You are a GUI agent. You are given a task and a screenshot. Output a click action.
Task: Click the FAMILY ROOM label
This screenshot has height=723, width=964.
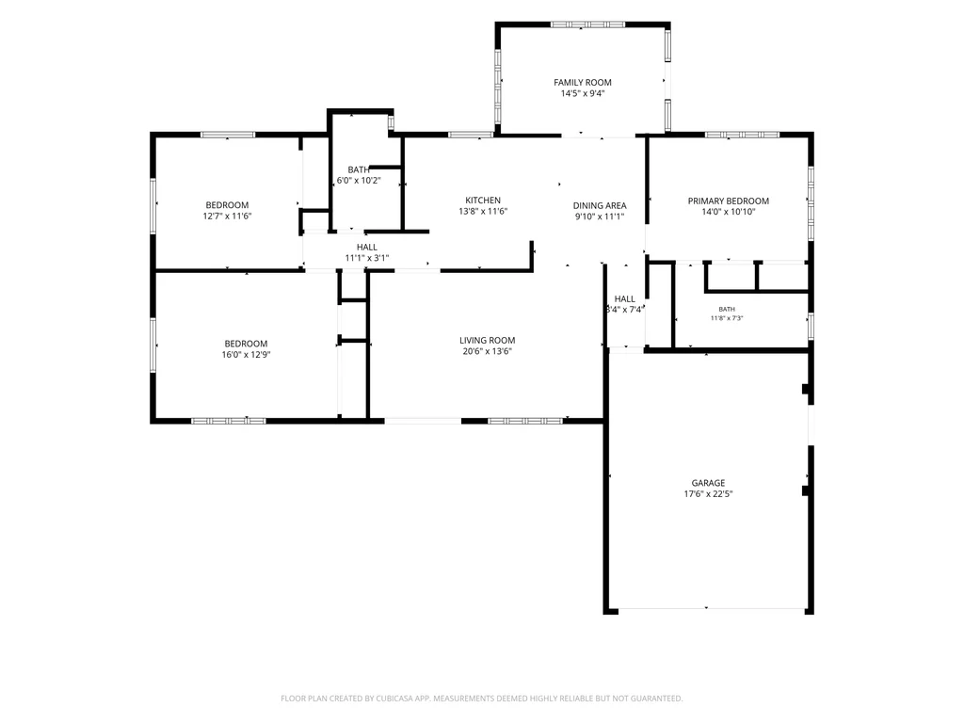click(x=582, y=83)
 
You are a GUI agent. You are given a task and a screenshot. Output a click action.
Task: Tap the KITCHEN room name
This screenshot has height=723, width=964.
click(x=483, y=201)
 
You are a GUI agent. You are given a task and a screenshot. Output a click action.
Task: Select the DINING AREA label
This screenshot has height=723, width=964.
click(x=600, y=206)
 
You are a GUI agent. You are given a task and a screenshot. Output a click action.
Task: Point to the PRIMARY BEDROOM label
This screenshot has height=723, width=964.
click(x=728, y=201)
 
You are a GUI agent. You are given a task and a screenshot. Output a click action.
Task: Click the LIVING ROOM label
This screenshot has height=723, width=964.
click(x=487, y=341)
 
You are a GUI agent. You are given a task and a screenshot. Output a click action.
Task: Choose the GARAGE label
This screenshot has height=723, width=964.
click(x=708, y=483)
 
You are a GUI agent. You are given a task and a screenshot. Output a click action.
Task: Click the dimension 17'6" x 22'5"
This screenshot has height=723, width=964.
click(x=708, y=493)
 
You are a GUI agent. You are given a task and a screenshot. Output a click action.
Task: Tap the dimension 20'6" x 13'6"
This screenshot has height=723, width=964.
click(x=487, y=352)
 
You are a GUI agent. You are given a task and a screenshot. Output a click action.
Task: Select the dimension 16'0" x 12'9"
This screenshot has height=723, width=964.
click(x=246, y=355)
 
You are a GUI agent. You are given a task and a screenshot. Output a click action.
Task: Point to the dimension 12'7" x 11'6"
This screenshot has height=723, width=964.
click(x=227, y=217)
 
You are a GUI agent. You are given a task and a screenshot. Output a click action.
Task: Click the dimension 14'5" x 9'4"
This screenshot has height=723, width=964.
click(x=582, y=93)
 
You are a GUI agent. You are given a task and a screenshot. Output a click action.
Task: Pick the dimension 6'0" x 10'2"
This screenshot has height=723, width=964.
click(x=359, y=181)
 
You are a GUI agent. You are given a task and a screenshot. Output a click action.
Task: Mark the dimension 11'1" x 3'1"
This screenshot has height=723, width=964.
click(x=367, y=258)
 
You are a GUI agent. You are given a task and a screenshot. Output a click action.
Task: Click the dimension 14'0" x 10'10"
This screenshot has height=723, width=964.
click(x=728, y=212)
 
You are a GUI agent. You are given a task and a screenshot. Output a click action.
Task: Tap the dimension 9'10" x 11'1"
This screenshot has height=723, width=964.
click(x=600, y=217)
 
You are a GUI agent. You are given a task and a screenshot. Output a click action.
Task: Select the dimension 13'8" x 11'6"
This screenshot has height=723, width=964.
click(x=483, y=212)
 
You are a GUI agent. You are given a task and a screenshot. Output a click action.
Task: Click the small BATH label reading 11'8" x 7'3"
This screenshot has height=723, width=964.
click(x=727, y=309)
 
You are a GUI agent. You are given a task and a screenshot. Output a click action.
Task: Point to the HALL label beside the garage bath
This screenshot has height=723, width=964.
click(x=625, y=299)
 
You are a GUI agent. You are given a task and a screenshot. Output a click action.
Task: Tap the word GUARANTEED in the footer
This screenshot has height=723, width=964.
click(x=657, y=699)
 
